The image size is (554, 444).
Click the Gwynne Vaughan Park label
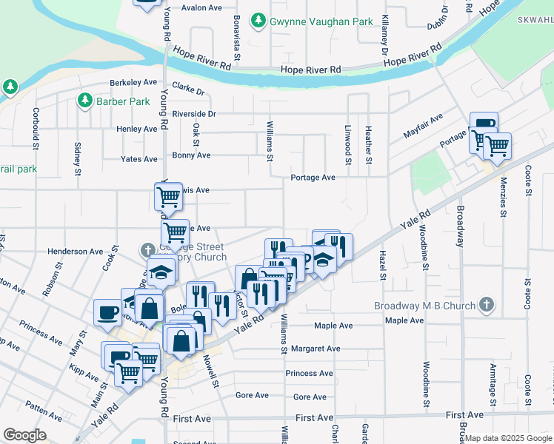click(x=321, y=21)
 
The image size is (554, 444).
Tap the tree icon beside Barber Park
click(x=84, y=99)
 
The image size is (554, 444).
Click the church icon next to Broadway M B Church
click(x=487, y=304)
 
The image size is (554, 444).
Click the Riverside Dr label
click(x=194, y=114)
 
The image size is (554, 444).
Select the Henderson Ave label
click(x=76, y=252)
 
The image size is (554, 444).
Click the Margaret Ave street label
click(x=316, y=349)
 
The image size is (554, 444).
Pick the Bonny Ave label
click(x=191, y=155)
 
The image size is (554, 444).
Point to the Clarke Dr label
click(x=188, y=89)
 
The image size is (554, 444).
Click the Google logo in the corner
click(x=24, y=435)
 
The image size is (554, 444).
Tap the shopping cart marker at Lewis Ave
click(x=169, y=197)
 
